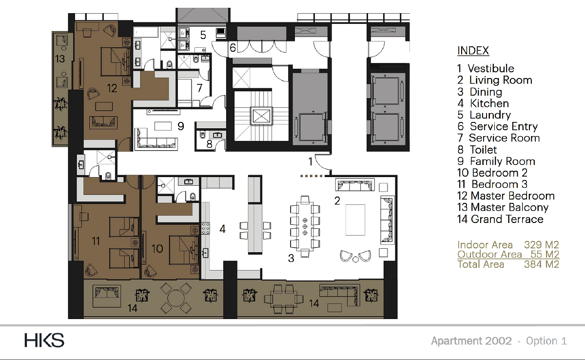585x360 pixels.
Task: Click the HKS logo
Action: [x=44, y=340]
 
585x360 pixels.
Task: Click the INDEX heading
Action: [x=473, y=51]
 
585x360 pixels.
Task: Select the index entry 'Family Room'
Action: [x=503, y=161]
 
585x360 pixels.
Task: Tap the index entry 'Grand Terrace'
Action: [x=507, y=219]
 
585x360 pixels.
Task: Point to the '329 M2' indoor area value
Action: [x=542, y=245]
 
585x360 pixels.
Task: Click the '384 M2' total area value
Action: [x=542, y=264]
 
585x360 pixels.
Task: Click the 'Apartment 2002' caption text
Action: [x=471, y=341]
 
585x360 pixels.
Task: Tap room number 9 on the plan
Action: [x=181, y=126]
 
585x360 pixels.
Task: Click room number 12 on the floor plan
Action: [x=112, y=88]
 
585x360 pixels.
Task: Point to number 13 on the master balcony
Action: [x=60, y=59]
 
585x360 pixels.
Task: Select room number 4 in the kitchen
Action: [x=222, y=229]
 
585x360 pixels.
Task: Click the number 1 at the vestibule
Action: [x=310, y=162]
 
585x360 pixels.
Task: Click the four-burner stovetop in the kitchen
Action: [x=206, y=228]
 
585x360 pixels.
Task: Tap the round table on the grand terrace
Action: [x=176, y=299]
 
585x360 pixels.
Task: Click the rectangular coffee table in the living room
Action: [x=355, y=220]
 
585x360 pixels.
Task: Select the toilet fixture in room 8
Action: [x=203, y=135]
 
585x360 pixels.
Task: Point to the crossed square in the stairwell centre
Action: [x=261, y=116]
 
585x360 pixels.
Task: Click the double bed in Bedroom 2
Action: [x=184, y=249]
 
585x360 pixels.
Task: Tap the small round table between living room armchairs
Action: [x=355, y=260]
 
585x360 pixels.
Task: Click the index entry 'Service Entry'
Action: [x=504, y=126]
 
